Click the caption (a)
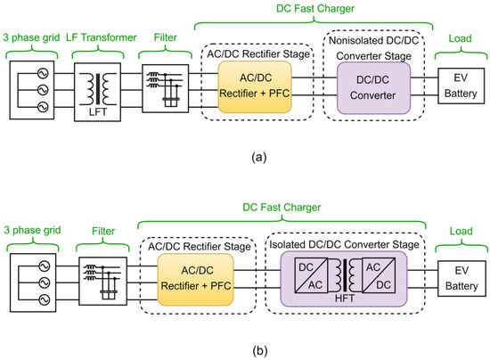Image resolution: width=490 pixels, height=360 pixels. [x=246, y=158]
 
